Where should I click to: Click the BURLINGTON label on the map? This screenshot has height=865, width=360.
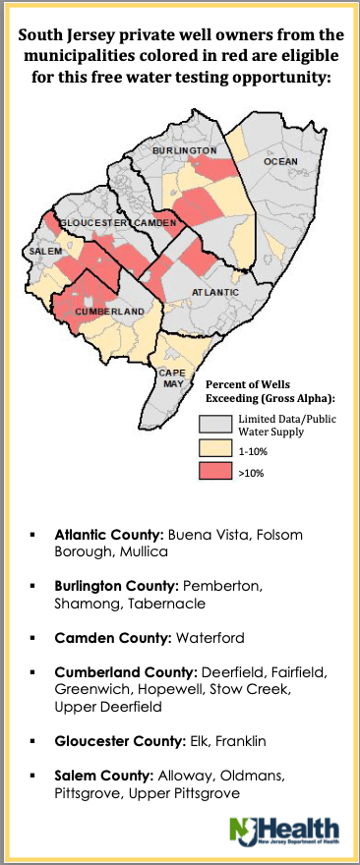click(184, 150)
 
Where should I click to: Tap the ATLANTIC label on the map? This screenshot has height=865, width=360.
click(213, 292)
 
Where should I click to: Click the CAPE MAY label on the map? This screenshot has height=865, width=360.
click(172, 378)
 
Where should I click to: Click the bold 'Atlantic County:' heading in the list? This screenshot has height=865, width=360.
click(109, 534)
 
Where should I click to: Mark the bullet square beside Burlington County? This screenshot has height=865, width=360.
click(32, 585)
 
